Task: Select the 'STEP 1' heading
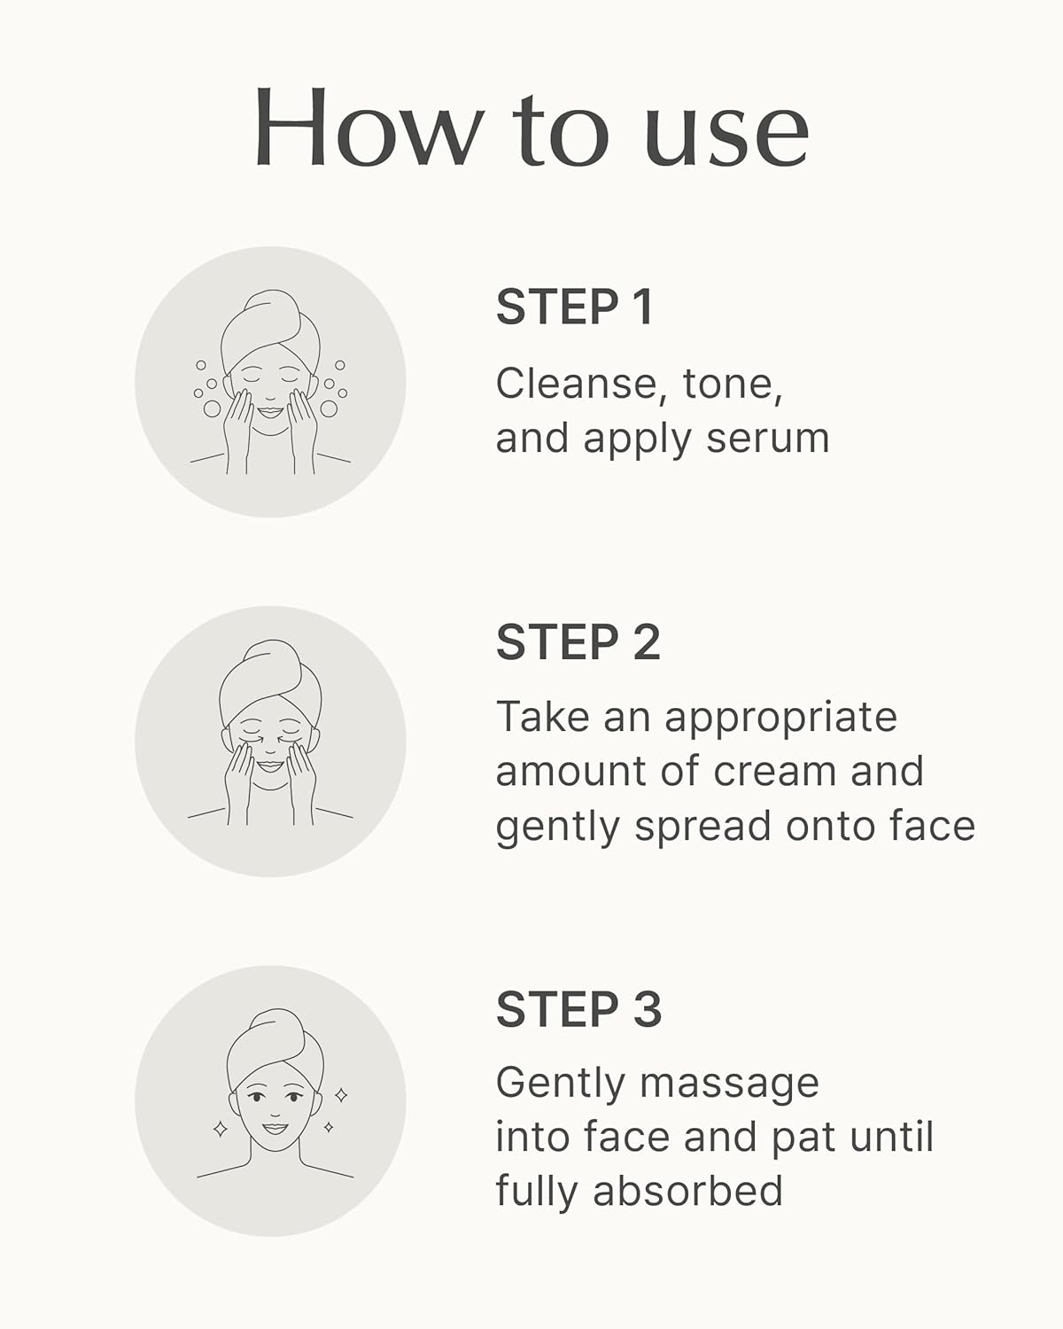[x=574, y=307]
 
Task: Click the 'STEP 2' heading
[x=578, y=642]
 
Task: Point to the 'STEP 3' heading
[x=579, y=1009]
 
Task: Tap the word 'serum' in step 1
[x=768, y=439]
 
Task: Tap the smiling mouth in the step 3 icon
[x=275, y=1128]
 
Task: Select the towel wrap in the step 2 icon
[x=270, y=680]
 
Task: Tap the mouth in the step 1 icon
[x=270, y=411]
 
